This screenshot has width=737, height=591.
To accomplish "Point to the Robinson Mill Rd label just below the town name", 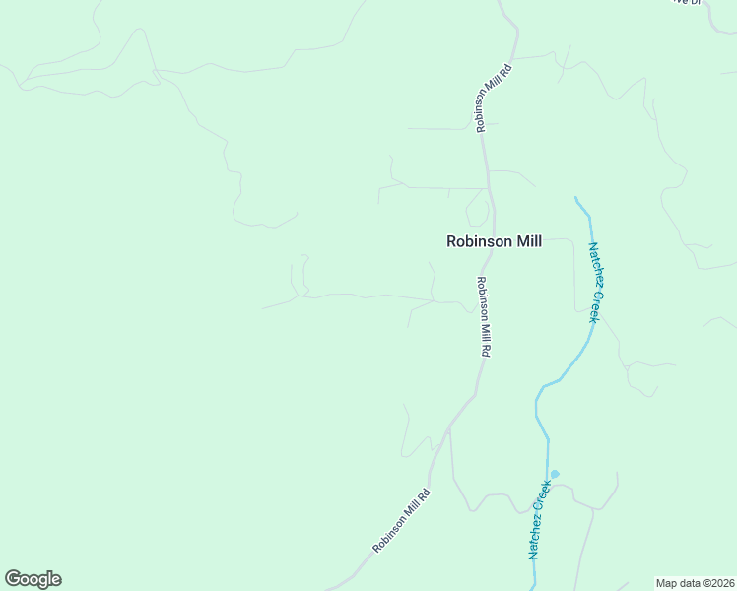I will click(483, 315).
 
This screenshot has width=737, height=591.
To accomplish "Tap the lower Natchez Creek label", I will click(538, 520).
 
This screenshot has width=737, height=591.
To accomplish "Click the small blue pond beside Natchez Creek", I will click(555, 474).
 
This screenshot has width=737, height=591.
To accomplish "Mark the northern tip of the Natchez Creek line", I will click(576, 197).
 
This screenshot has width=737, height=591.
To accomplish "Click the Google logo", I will click(33, 579).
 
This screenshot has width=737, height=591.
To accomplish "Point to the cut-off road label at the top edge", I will click(686, 3).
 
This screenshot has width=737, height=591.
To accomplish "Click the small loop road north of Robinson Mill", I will click(477, 206).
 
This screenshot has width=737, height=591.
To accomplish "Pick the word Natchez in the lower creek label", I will click(535, 536).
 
